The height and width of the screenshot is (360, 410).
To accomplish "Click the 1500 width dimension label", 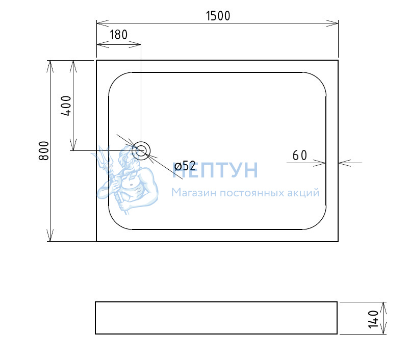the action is [x=218, y=16].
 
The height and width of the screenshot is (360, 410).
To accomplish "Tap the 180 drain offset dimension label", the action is [x=118, y=35].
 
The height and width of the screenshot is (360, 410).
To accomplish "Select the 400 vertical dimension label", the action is [x=66, y=106].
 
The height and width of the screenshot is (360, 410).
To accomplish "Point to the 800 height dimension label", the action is [x=44, y=150].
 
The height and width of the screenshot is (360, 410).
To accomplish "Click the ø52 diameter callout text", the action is [x=185, y=166].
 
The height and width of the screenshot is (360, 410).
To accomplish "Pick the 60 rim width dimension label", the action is [x=300, y=156].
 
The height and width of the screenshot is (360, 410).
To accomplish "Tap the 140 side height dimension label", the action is [x=373, y=319].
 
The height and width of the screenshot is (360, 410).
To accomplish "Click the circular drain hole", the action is [x=141, y=150].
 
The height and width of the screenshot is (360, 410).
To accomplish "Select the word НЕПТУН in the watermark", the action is [x=215, y=170].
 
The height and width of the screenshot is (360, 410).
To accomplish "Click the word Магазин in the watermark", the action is [x=194, y=193].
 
